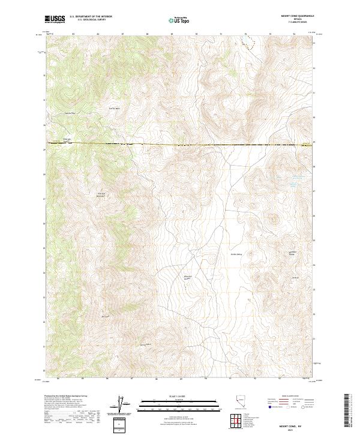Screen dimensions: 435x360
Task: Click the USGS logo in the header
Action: (x=55, y=20)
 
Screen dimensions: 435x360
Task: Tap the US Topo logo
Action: (x=180, y=20)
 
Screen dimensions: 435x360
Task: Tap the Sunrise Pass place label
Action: (x=71, y=112)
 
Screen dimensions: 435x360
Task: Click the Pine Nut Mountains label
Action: (x=101, y=194)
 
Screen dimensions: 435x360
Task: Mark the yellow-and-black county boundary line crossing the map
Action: (x=180, y=145)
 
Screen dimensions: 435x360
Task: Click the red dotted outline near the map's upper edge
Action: (x=247, y=43)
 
